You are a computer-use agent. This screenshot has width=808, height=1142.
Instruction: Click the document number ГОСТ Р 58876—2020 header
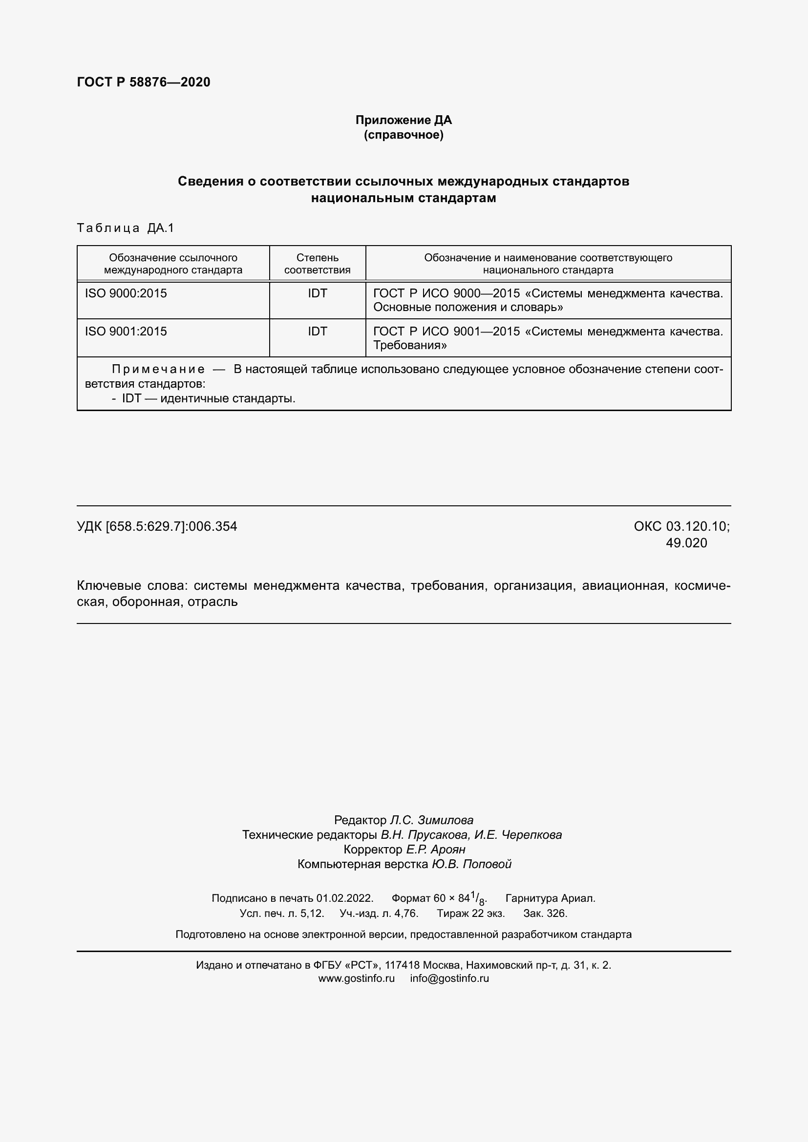coord(143,82)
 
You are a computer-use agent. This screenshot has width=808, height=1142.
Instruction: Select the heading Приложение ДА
coord(404,120)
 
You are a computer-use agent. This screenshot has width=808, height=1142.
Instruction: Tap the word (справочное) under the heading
coord(404,135)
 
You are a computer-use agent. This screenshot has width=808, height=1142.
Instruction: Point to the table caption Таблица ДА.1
coord(126,228)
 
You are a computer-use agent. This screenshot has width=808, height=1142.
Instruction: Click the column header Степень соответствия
coord(318,264)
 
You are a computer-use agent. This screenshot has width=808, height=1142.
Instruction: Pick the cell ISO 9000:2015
coord(126,293)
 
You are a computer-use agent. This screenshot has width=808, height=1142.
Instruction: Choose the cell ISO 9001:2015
coord(126,331)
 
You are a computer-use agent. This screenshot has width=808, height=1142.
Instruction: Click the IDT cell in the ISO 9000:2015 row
coord(318,293)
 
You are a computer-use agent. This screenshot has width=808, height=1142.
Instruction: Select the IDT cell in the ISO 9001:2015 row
coord(318,331)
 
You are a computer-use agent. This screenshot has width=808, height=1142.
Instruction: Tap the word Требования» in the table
coord(410,345)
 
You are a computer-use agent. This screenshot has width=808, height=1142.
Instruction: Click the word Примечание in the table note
coord(158,369)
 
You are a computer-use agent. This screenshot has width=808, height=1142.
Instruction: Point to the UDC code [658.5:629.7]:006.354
coord(171,526)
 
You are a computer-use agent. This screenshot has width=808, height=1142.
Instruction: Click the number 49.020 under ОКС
coord(686,542)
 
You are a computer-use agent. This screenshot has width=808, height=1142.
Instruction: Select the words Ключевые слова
coord(131,585)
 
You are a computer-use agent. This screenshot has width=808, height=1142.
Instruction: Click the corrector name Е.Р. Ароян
coord(435,849)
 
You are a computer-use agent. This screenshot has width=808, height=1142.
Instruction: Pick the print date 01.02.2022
coord(344,898)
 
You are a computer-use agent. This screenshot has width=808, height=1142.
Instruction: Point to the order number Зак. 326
coord(545,913)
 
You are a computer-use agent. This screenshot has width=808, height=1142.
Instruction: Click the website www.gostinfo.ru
coord(356,978)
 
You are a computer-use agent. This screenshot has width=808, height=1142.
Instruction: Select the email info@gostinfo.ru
coord(449,978)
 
